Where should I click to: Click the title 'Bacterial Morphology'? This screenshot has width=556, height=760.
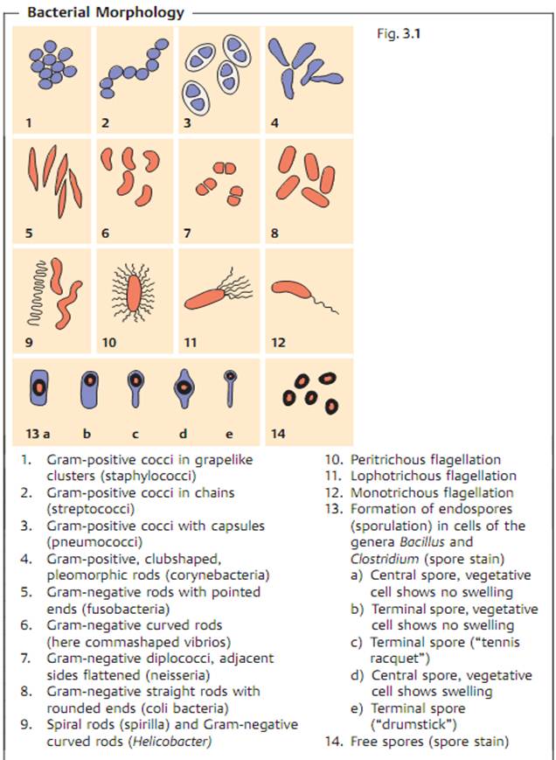click(x=105, y=12)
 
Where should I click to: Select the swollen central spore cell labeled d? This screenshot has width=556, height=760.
click(x=183, y=389)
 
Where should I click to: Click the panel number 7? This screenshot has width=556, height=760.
click(x=187, y=234)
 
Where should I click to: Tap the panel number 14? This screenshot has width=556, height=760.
click(x=280, y=432)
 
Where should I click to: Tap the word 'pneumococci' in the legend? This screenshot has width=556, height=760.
click(x=80, y=542)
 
